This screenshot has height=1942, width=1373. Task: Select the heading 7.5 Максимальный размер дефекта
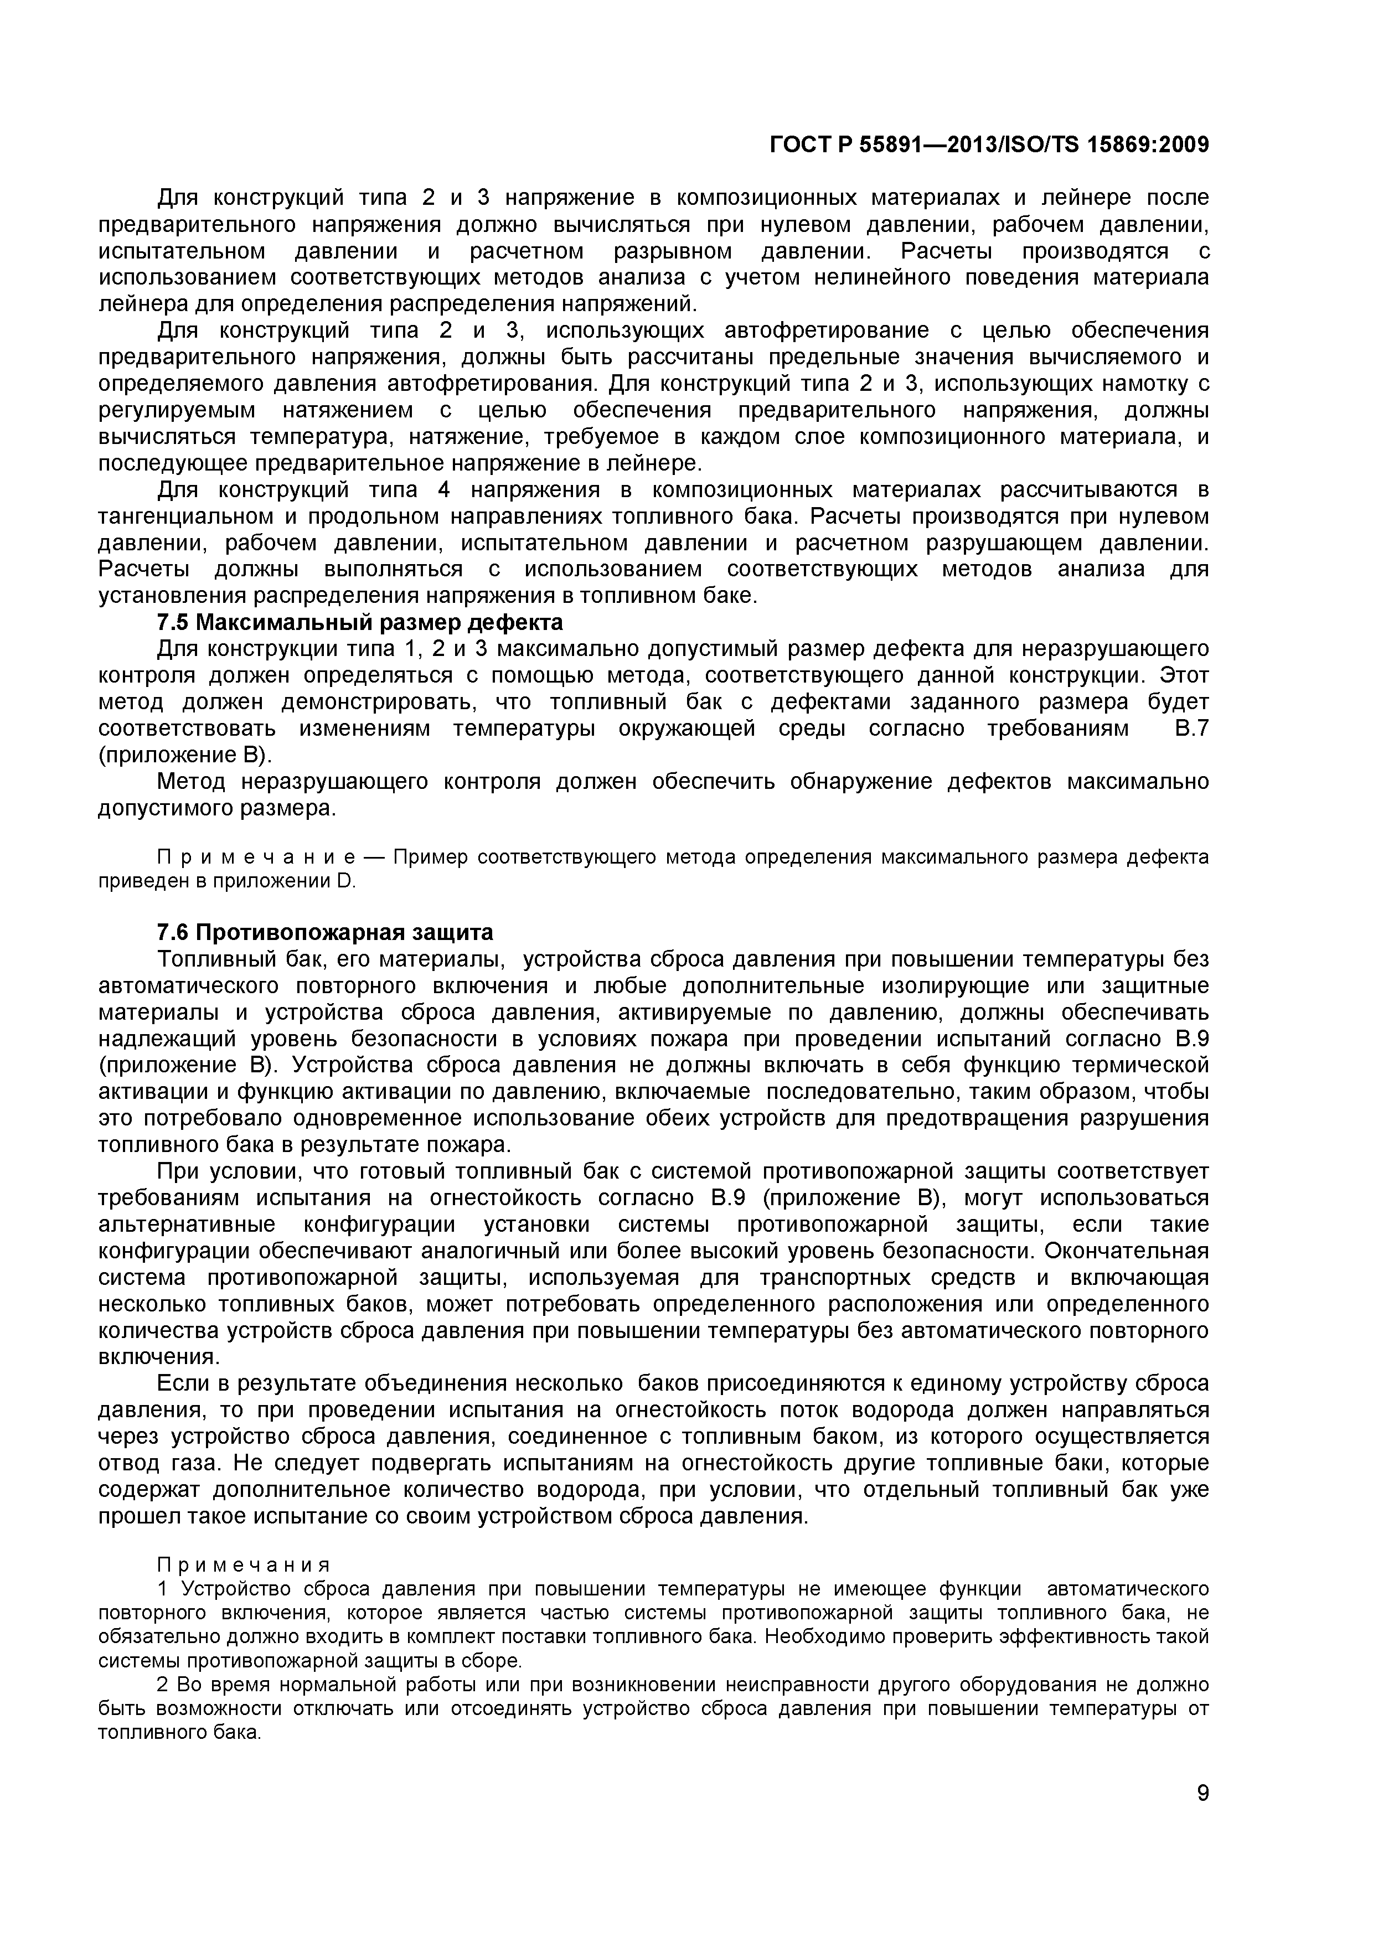359,623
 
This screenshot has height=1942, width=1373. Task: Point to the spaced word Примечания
244,1564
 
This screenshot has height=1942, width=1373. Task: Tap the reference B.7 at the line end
1192,729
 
